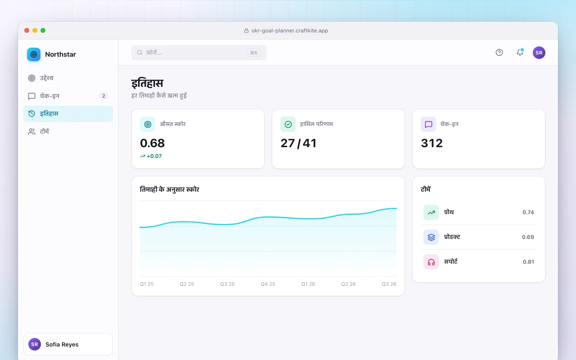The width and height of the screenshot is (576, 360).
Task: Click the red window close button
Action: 27,30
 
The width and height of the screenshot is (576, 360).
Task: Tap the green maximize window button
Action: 43,30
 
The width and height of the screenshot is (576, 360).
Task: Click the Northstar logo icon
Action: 34,54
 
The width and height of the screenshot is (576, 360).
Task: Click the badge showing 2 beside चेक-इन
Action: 103,96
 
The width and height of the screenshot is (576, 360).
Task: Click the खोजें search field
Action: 199,53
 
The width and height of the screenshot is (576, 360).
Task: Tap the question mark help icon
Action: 499,53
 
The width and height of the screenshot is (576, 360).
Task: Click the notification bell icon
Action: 520,52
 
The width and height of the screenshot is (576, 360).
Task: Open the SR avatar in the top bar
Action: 539,53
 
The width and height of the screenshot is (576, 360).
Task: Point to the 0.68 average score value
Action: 152,143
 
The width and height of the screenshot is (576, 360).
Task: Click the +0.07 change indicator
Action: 151,156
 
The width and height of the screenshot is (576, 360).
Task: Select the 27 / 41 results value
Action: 298,143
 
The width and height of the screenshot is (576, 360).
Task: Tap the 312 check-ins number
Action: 432,143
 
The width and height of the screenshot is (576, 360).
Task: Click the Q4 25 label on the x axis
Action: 268,284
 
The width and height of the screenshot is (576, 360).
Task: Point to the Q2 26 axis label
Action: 348,284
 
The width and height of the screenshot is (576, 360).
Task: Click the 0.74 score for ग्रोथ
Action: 528,212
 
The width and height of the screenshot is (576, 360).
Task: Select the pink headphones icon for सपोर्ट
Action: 431,262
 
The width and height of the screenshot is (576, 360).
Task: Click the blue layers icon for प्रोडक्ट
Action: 431,237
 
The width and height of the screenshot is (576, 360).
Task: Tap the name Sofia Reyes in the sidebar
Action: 62,345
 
